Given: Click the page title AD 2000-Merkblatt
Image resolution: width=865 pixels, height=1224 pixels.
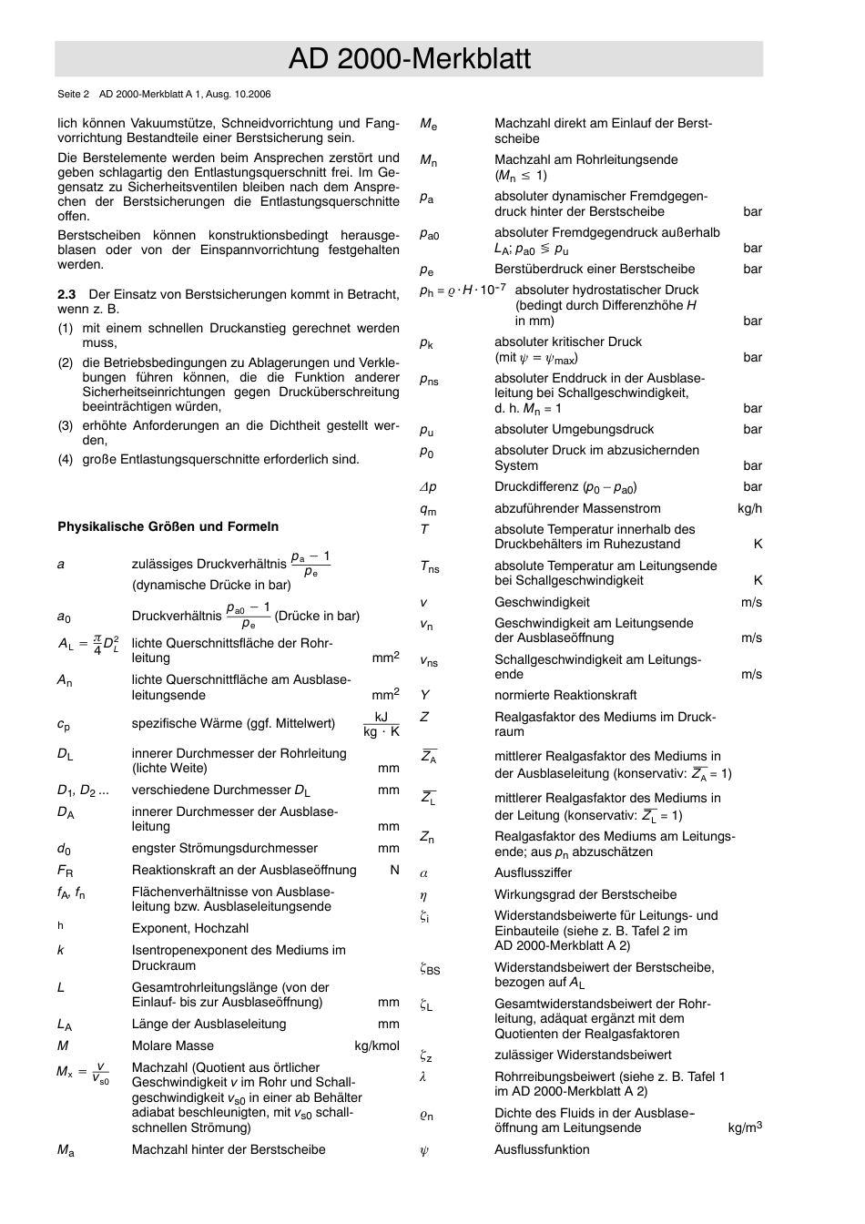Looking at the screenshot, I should (x=409, y=59).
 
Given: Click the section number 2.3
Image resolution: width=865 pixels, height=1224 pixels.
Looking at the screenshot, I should (x=66, y=294).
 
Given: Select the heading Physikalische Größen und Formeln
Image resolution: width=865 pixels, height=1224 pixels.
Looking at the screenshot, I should (x=168, y=526).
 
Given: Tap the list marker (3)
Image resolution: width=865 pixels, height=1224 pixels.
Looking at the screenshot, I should (x=66, y=425).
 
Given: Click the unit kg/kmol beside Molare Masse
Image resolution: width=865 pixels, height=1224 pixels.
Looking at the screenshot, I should (x=376, y=1045).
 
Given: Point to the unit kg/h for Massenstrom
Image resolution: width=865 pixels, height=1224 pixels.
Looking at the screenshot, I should (x=749, y=508).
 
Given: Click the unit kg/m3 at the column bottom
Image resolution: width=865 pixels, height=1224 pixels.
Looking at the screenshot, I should (x=744, y=1127).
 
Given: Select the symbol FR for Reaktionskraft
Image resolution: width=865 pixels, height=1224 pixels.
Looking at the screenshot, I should (x=65, y=871).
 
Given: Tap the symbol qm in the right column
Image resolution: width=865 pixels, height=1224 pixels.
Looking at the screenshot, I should (x=427, y=510).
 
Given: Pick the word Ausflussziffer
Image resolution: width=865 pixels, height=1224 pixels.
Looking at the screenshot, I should (x=533, y=872).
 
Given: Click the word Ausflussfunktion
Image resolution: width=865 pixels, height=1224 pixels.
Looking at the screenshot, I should (x=542, y=1149).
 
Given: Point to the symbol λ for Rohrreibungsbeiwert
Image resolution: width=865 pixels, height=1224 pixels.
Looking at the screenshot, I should (x=423, y=1076).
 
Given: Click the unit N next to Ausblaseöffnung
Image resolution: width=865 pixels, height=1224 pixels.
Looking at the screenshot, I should (x=394, y=870).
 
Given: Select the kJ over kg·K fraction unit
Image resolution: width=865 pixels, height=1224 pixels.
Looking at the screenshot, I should (x=382, y=724).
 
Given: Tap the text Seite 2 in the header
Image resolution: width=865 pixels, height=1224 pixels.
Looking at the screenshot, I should (x=73, y=94).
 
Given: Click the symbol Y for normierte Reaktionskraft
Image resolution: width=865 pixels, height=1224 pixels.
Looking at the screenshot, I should (x=424, y=695).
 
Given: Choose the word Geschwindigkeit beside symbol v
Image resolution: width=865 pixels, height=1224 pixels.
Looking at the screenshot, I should (x=542, y=602).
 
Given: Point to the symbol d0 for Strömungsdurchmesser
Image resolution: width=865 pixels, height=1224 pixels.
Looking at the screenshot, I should (x=64, y=849).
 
